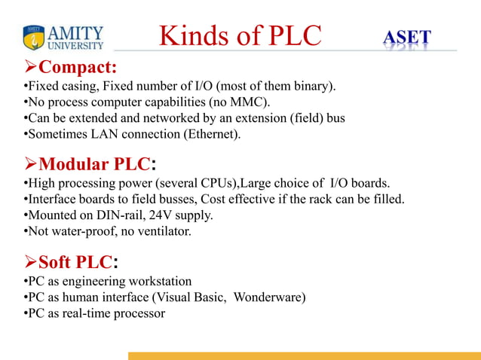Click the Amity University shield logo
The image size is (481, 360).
[33, 36]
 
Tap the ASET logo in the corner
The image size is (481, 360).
[407, 37]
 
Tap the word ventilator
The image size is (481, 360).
[164, 231]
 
